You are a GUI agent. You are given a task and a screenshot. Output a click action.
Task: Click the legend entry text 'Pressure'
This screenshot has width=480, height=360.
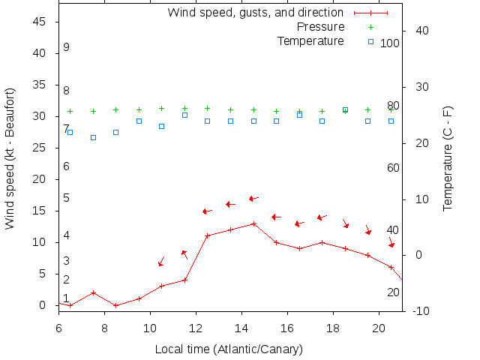pos(319,27)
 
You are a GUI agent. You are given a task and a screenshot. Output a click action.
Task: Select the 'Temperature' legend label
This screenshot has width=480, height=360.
pos(310,40)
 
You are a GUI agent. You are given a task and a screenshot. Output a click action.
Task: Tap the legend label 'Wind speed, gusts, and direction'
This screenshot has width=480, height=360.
pos(255,13)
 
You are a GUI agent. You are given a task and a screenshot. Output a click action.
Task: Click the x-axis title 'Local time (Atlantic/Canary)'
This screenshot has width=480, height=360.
pos(229,349)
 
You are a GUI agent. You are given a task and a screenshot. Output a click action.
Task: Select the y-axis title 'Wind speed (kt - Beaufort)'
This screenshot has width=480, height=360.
pos(10,157)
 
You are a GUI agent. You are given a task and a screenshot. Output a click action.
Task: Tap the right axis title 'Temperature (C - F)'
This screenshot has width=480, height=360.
pos(448,157)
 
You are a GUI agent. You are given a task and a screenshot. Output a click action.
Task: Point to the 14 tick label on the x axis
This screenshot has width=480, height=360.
pos(241,327)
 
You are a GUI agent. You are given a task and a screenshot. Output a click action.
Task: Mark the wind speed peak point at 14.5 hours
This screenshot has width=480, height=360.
pos(253,223)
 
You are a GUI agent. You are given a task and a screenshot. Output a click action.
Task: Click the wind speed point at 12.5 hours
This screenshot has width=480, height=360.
pos(208,235)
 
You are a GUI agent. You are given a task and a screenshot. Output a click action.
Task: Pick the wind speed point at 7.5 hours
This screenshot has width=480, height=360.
pos(93,292)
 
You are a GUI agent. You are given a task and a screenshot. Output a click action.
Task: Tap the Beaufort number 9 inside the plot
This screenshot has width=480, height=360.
pos(66,47)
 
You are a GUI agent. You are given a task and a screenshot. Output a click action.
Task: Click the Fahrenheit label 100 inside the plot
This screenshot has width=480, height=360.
pos(389,43)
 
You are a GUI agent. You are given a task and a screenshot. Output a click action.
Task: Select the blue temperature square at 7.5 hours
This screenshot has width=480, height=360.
pos(93,137)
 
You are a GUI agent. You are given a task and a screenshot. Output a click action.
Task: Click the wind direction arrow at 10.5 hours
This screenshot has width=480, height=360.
pos(161,261)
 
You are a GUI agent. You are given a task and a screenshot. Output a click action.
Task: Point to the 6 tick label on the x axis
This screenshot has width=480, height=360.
pos(58,327)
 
